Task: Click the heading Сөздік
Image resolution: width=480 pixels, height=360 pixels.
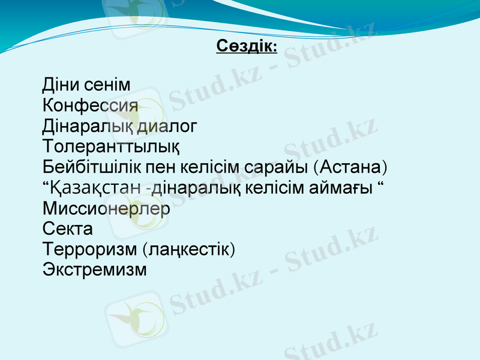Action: [246, 46]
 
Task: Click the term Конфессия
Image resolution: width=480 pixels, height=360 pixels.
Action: [91, 106]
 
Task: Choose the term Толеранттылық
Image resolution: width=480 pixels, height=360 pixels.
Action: [111, 147]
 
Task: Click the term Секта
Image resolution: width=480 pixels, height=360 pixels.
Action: [68, 229]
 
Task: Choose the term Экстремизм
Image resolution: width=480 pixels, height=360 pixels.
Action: [95, 270]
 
